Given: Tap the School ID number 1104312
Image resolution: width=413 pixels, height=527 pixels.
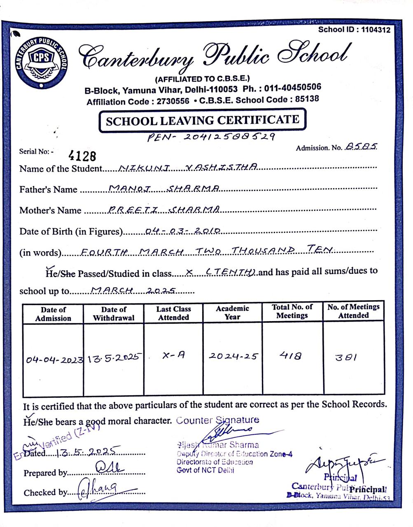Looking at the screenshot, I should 376,30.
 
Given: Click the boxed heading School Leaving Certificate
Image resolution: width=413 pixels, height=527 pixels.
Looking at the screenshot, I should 202,121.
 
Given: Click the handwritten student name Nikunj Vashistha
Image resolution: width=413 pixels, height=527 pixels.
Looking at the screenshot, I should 188,167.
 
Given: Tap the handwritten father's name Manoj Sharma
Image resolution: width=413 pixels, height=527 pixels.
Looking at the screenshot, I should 164,188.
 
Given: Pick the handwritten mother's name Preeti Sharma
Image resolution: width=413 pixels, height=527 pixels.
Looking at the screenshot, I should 163,209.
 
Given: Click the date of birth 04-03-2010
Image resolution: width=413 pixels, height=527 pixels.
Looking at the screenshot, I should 184,231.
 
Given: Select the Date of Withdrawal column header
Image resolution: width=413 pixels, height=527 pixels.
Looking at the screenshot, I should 114,314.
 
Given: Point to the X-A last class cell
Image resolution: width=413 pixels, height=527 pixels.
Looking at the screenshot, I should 173,355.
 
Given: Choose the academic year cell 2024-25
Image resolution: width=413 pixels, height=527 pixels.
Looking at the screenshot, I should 233,356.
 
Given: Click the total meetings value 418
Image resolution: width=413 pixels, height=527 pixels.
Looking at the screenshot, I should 291,355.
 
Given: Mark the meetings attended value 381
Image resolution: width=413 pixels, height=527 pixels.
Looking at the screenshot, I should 346,357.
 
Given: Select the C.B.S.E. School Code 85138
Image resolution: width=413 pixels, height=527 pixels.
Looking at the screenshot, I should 304,99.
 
